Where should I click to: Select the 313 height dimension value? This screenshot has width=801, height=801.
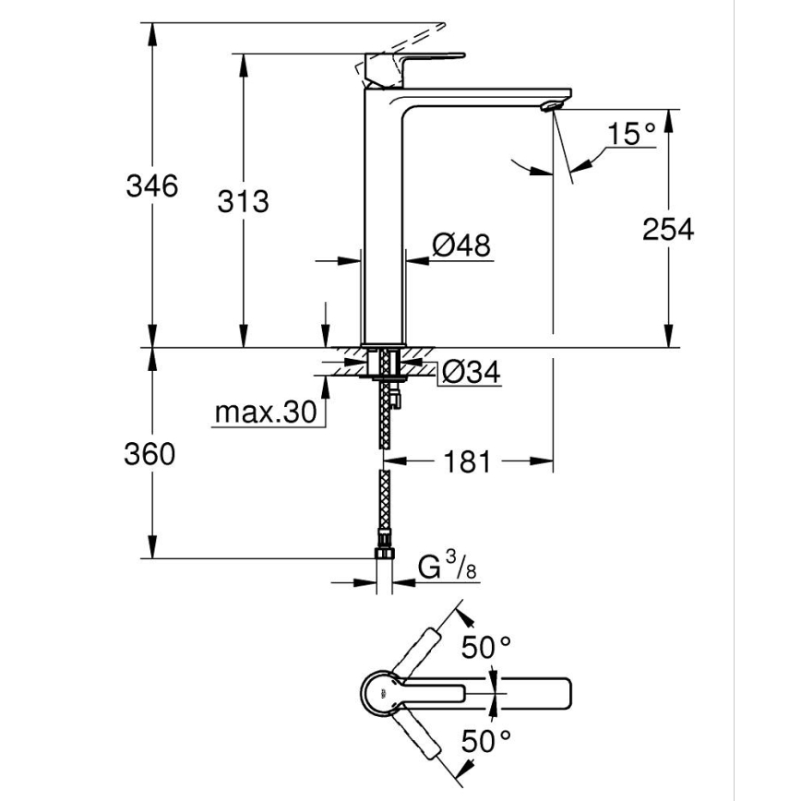click(243, 200)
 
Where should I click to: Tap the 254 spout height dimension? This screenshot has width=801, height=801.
click(668, 229)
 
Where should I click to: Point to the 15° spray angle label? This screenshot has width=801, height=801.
click(630, 135)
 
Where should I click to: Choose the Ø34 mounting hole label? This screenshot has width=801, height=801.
click(470, 372)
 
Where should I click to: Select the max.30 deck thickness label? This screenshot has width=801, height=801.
click(265, 412)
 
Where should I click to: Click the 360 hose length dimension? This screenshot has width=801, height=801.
click(149, 454)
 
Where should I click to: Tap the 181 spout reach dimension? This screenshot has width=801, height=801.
click(469, 460)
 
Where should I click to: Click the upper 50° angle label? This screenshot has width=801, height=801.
click(486, 648)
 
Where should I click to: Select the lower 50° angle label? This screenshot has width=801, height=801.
click(486, 739)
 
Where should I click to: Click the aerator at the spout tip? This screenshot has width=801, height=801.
click(552, 104)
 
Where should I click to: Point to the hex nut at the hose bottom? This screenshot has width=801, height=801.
click(384, 554)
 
